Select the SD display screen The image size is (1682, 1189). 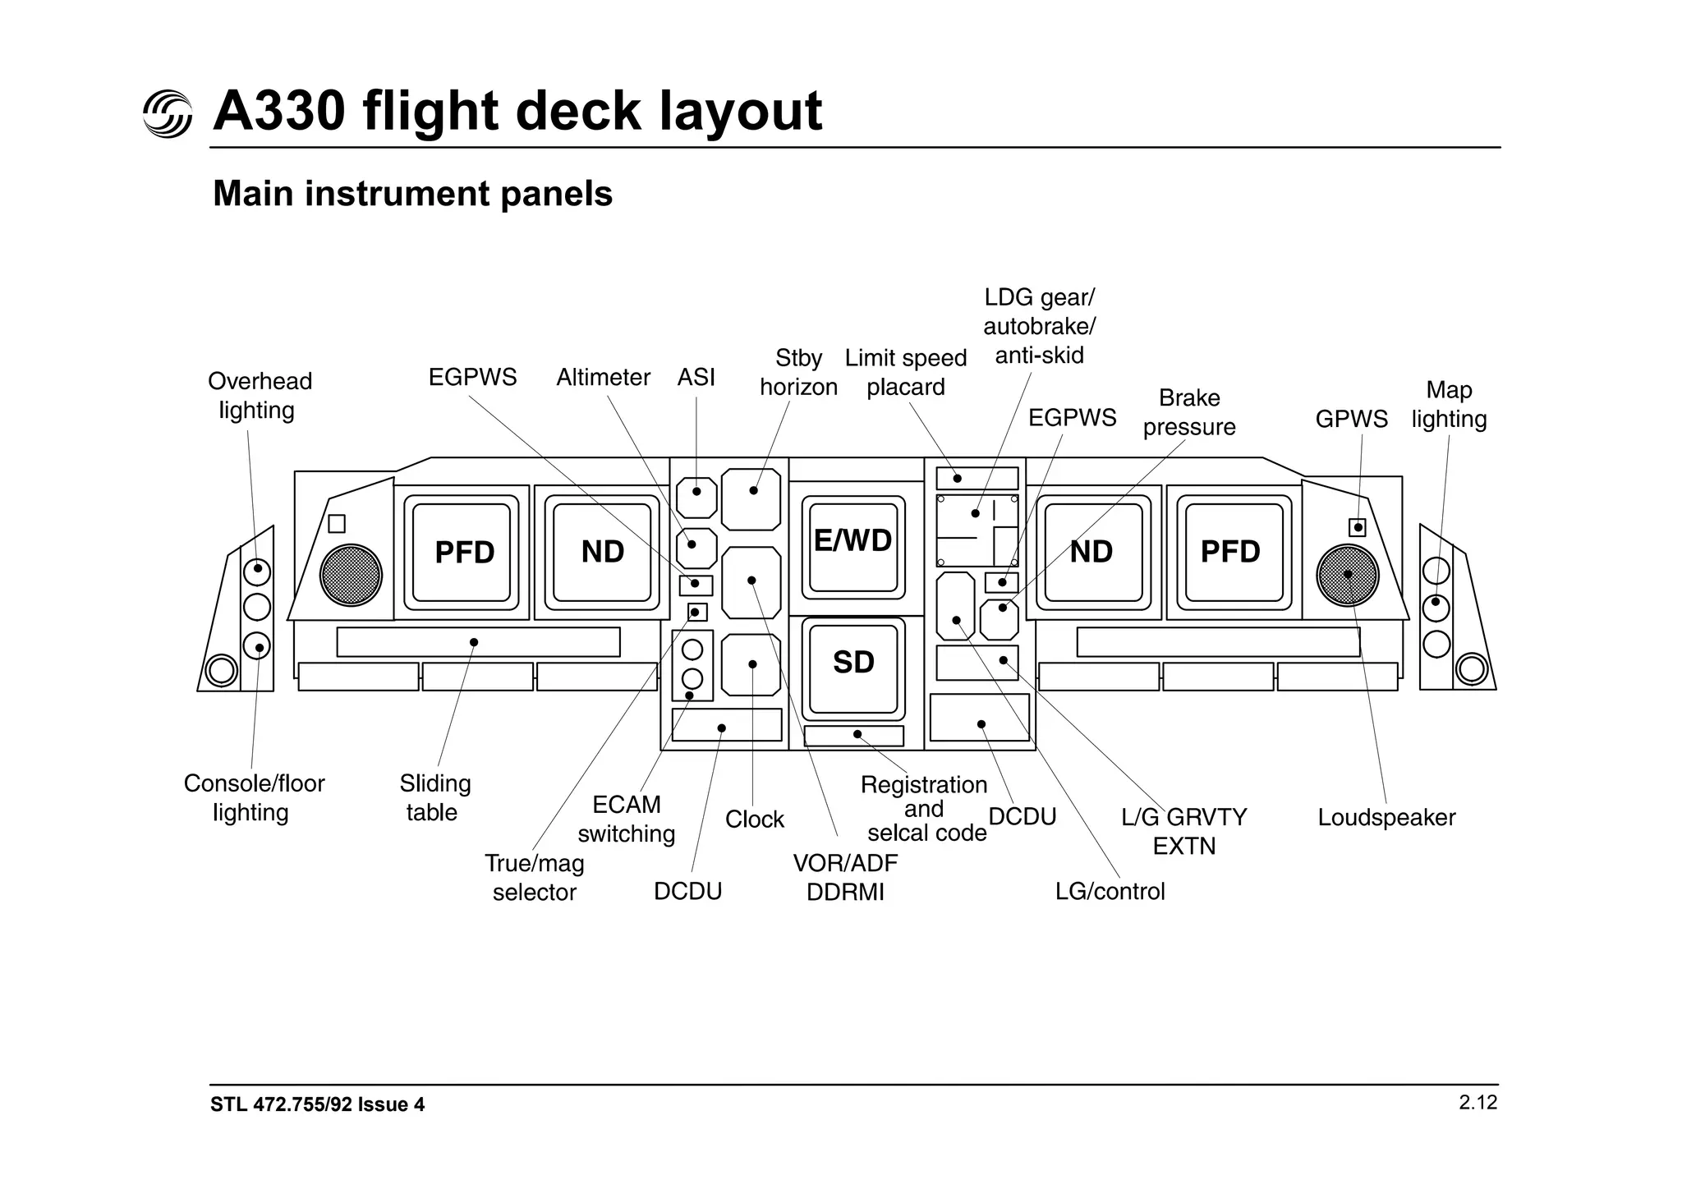coord(853,668)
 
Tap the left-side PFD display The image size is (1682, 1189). coord(462,552)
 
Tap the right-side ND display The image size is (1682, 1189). coord(1091,552)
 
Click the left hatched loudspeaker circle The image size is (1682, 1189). coord(351,575)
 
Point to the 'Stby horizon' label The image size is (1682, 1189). coord(798,372)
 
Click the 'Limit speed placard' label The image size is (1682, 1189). coord(905,372)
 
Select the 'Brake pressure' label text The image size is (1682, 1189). coord(1188,412)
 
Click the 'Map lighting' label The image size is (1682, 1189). coord(1449,404)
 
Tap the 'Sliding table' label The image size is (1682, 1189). coord(434,797)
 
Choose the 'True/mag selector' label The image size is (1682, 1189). coord(535,877)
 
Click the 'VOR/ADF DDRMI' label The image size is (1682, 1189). coord(845,877)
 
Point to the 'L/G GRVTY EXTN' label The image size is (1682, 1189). coord(1183,831)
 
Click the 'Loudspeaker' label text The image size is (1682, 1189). coord(1386,817)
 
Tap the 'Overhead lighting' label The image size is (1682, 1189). coord(259,395)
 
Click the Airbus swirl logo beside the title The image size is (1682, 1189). coord(168,113)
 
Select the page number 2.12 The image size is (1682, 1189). coord(1477,1102)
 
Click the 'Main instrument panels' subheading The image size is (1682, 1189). coord(412,194)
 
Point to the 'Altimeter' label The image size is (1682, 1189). coord(603,377)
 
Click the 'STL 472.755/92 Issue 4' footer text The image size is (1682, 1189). coord(317,1104)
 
